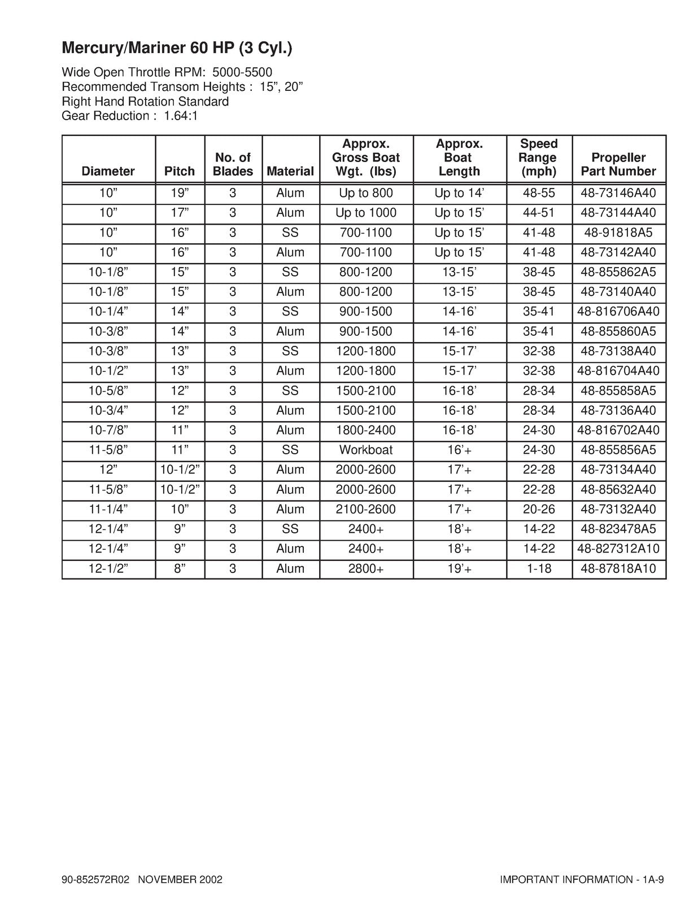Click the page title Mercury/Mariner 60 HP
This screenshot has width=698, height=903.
click(x=177, y=49)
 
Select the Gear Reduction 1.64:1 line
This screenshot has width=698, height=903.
click(x=129, y=116)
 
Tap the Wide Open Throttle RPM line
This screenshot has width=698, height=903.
click(x=167, y=73)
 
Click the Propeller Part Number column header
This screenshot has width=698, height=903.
click(x=618, y=164)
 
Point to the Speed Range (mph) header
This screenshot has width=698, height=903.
click(x=539, y=157)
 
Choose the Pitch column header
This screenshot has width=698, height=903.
click(x=180, y=171)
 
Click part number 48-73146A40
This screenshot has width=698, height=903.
click(x=618, y=193)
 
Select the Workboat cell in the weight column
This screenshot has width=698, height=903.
click(x=366, y=450)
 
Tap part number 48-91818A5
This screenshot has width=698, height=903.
click(x=618, y=233)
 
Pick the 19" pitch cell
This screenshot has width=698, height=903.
click(x=180, y=193)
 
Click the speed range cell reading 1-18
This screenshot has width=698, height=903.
click(x=539, y=568)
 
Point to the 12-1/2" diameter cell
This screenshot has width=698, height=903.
click(x=108, y=568)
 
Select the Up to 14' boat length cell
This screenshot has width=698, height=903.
click(x=459, y=193)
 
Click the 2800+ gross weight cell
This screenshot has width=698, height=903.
click(x=366, y=568)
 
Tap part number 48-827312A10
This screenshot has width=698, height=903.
click(x=618, y=549)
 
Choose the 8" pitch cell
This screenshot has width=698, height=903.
click(x=180, y=568)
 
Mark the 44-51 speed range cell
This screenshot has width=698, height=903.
click(x=539, y=213)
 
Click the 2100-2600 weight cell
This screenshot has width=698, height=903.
click(x=366, y=509)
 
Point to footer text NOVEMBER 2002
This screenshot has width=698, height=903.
click(x=180, y=880)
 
